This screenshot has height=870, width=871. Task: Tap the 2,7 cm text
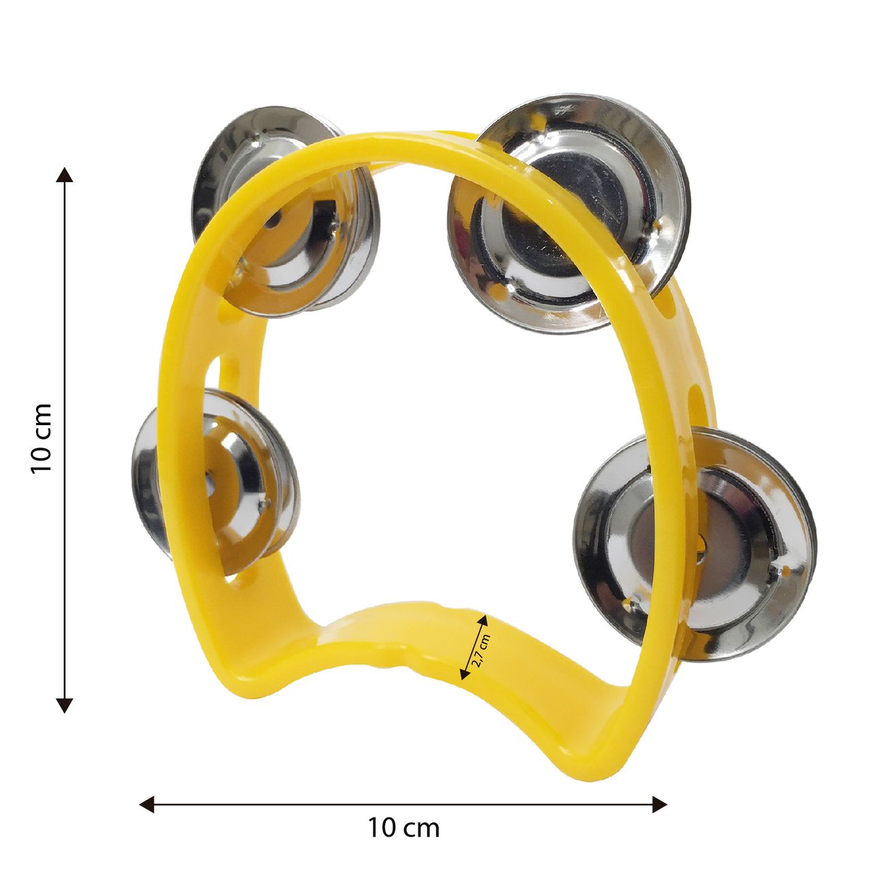pos(481,651)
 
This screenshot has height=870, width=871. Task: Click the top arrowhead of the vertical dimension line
pos(65,175)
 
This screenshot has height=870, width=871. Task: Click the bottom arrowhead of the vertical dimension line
pos(65,705)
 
